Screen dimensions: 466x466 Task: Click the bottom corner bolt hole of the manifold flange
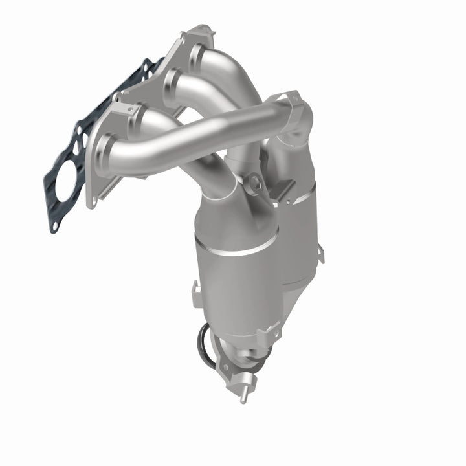94,201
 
